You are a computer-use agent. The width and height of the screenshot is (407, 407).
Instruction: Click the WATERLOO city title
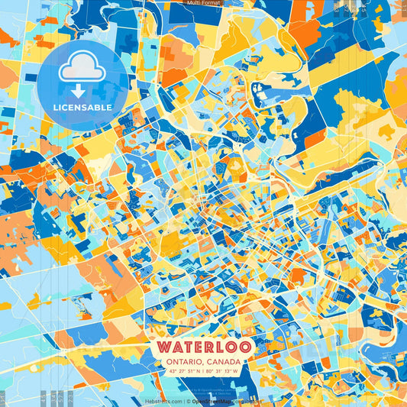click(202, 347)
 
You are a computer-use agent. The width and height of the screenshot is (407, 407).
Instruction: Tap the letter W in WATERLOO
click(163, 347)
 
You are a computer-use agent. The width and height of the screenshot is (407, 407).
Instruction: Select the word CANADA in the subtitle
click(222, 362)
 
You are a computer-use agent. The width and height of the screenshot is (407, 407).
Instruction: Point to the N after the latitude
click(198, 372)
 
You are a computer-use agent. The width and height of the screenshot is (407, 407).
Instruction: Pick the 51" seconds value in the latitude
click(189, 372)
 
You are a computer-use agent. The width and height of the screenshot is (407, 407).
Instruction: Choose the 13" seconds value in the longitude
click(228, 372)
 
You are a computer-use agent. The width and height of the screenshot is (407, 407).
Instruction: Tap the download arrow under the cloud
click(82, 91)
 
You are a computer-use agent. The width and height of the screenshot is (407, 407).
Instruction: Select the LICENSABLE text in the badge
click(82, 108)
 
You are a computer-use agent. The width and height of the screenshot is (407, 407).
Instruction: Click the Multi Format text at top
click(203, 3)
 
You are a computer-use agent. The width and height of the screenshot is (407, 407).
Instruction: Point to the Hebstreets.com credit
click(163, 401)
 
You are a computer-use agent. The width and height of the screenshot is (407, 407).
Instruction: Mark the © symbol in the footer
click(186, 401)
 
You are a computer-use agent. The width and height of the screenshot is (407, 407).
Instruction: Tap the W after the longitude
click(236, 372)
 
